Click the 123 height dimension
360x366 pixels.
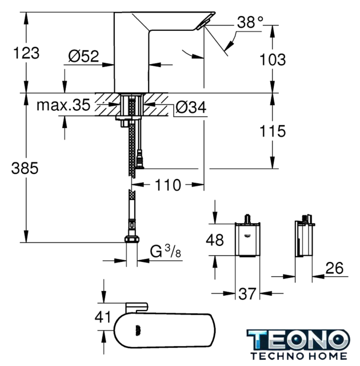26,53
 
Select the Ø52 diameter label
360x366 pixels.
83,56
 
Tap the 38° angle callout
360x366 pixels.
250,22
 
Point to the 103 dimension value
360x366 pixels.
273,59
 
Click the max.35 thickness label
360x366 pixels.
63,105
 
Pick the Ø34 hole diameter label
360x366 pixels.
191,107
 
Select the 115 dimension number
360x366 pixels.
273,131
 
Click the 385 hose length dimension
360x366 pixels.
25,168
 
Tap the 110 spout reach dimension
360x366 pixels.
168,185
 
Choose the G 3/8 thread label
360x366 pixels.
166,252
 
